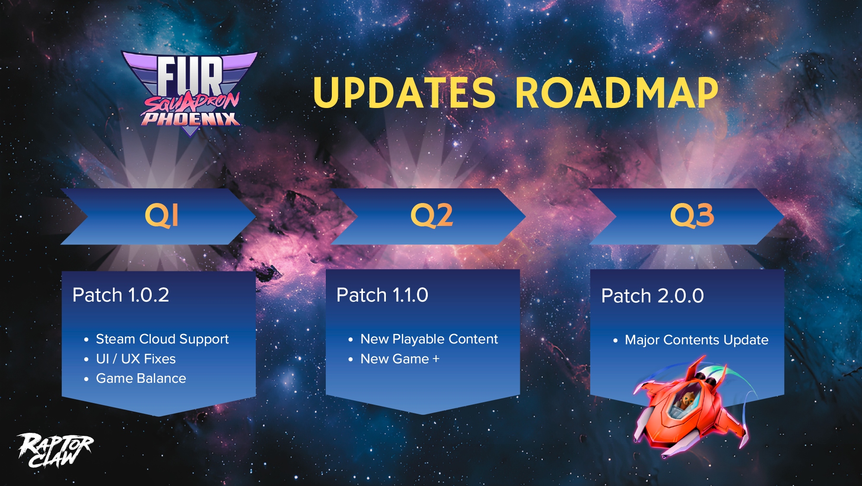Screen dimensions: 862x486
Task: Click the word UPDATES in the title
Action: coord(404,92)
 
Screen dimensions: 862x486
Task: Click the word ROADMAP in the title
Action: coord(617,92)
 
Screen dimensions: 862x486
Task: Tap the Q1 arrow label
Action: coord(162,215)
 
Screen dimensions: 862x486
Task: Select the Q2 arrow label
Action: coord(432,215)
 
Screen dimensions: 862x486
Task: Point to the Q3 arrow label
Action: coord(692,215)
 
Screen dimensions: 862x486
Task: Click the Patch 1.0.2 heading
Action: coord(121,295)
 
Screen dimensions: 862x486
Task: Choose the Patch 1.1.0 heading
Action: coord(382,295)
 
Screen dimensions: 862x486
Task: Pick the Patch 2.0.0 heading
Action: coord(652,296)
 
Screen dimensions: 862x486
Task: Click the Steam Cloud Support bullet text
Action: coord(162,340)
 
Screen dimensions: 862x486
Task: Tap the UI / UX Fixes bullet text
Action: coord(136,359)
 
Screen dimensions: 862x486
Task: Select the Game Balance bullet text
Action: coord(141,378)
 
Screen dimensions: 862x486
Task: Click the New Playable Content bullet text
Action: coord(429,340)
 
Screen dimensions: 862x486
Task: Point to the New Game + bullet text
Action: coord(400,359)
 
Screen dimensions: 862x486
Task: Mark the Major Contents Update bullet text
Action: coord(697,340)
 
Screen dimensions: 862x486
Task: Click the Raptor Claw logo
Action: coord(55,451)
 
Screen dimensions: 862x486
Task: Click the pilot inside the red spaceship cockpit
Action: coord(687,400)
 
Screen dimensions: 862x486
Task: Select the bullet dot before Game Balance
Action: coord(86,379)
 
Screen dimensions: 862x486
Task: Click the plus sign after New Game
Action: coord(436,359)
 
